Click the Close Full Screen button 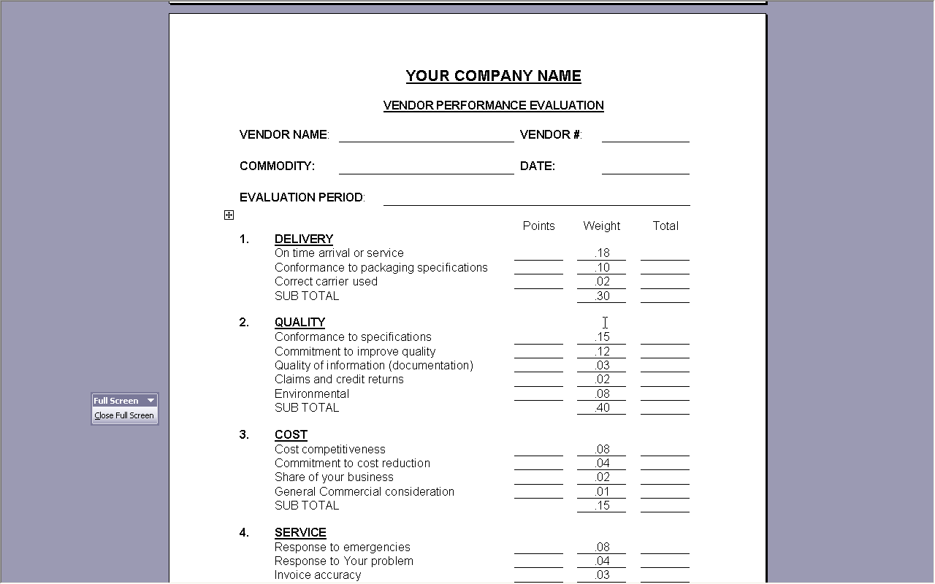pos(124,415)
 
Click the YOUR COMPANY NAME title pos(494,76)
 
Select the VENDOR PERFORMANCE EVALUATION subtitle pos(494,105)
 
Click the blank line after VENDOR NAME pos(426,136)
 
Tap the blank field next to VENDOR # pos(645,136)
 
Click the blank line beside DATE pos(645,168)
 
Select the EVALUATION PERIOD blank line pos(536,199)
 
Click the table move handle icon pos(229,215)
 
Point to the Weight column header pos(601,226)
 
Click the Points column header pos(538,226)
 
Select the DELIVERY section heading pos(304,239)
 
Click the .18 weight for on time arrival pos(601,253)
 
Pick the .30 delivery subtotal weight pos(601,296)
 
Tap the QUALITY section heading pos(299,322)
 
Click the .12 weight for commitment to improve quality pos(601,351)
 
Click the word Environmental pos(312,393)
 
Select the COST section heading pos(291,434)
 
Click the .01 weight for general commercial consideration pos(601,491)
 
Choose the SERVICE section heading pos(300,532)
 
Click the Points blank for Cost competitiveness pos(538,450)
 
